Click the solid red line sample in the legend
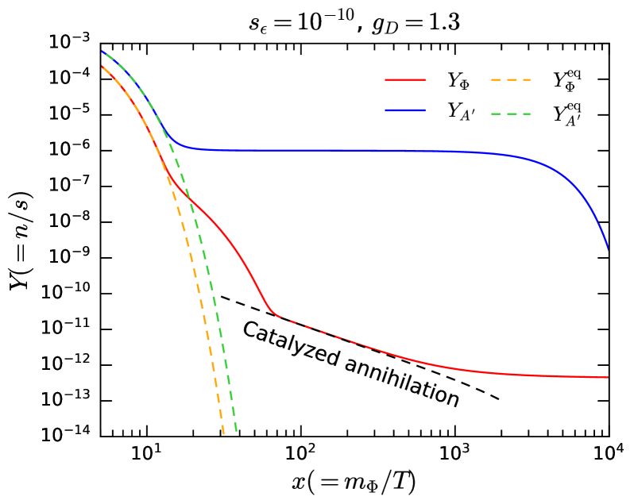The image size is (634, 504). click(x=405, y=80)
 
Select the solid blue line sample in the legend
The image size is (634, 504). click(x=405, y=110)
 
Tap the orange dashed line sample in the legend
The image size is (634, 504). click(x=511, y=80)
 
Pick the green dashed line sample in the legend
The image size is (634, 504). click(x=511, y=113)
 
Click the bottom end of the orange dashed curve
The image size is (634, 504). click(x=223, y=434)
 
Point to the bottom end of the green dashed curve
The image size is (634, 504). click(x=237, y=432)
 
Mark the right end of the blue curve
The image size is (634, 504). click(x=608, y=249)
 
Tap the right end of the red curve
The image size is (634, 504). click(x=608, y=377)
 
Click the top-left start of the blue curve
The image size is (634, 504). click(x=102, y=52)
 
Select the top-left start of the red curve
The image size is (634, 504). click(x=102, y=67)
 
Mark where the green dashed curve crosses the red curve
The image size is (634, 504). click(x=191, y=200)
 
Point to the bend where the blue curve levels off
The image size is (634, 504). click(x=181, y=144)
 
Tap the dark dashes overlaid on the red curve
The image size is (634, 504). click(x=318, y=329)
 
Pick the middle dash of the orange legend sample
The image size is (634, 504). click(x=511, y=80)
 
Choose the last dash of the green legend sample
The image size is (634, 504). click(x=525, y=113)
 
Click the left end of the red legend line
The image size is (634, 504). click(x=386, y=80)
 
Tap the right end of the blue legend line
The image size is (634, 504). click(x=425, y=110)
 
